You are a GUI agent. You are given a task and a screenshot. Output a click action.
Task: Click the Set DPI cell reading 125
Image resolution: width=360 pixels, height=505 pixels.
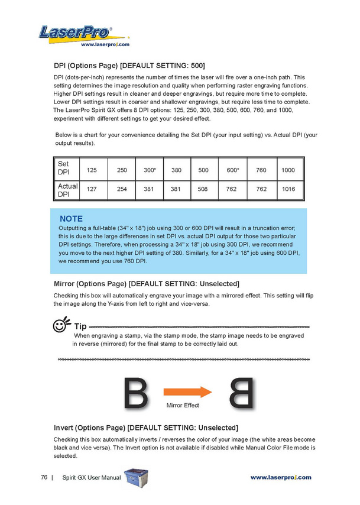point(92,170)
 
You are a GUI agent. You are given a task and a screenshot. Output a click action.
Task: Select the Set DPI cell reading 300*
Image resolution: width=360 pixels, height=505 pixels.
point(150,170)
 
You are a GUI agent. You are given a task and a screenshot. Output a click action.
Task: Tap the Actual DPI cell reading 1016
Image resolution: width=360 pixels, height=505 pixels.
point(288,189)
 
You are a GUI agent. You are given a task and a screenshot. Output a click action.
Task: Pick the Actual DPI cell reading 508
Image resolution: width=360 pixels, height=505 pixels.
point(203,189)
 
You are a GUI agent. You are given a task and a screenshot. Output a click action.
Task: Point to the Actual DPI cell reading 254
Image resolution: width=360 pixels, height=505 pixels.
point(122,189)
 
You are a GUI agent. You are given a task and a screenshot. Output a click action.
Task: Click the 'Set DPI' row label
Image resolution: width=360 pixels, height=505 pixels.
point(64,168)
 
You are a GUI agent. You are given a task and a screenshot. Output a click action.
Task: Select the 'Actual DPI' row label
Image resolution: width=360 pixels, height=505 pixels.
point(67,190)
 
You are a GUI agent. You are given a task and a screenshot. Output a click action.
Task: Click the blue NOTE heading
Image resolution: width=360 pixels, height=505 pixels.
point(71,219)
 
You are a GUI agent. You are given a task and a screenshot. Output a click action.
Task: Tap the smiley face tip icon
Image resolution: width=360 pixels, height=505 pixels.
point(61,324)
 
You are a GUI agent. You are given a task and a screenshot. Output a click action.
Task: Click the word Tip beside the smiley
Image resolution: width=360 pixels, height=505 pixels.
point(80,326)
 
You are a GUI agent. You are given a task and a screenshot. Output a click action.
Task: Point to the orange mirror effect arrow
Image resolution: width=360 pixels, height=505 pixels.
point(188,392)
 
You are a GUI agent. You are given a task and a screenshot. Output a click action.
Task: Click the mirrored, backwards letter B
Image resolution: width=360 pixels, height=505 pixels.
point(241,393)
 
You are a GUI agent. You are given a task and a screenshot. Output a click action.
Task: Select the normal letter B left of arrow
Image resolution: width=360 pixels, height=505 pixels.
point(136,393)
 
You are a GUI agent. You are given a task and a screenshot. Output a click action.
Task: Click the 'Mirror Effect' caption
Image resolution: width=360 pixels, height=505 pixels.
point(183,405)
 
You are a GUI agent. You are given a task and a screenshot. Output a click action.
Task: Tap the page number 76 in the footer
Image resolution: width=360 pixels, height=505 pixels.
point(44,477)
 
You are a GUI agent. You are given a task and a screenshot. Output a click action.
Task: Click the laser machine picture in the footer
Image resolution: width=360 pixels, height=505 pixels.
point(136,478)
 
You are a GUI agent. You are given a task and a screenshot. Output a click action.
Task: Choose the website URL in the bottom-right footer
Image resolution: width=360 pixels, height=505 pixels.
point(281,477)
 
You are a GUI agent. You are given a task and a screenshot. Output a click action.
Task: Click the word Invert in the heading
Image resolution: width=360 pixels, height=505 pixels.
point(63,428)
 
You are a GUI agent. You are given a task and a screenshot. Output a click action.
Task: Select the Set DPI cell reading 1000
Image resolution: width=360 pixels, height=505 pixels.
point(288,170)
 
